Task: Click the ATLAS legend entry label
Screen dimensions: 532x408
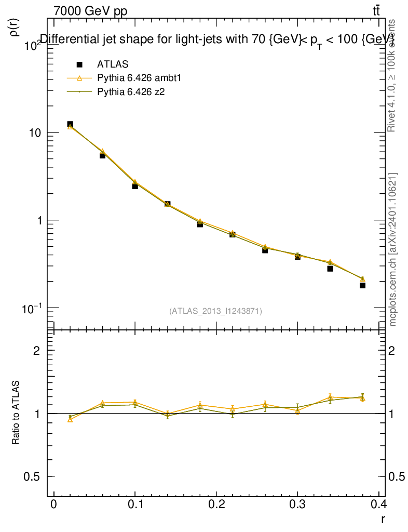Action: [113, 64]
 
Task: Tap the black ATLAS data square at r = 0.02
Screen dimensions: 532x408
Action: [70, 125]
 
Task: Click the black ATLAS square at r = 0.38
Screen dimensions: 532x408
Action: [362, 285]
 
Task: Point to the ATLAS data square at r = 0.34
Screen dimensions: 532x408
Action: [330, 268]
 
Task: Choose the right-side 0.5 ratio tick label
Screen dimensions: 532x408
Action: [398, 477]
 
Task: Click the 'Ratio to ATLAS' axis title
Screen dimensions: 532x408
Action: [16, 413]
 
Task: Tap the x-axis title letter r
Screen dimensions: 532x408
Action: [383, 519]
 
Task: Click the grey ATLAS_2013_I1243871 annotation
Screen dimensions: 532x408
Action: [215, 311]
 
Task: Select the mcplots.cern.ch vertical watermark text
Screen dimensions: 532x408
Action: [393, 249]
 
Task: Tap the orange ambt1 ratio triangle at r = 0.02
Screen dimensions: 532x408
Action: [70, 419]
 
